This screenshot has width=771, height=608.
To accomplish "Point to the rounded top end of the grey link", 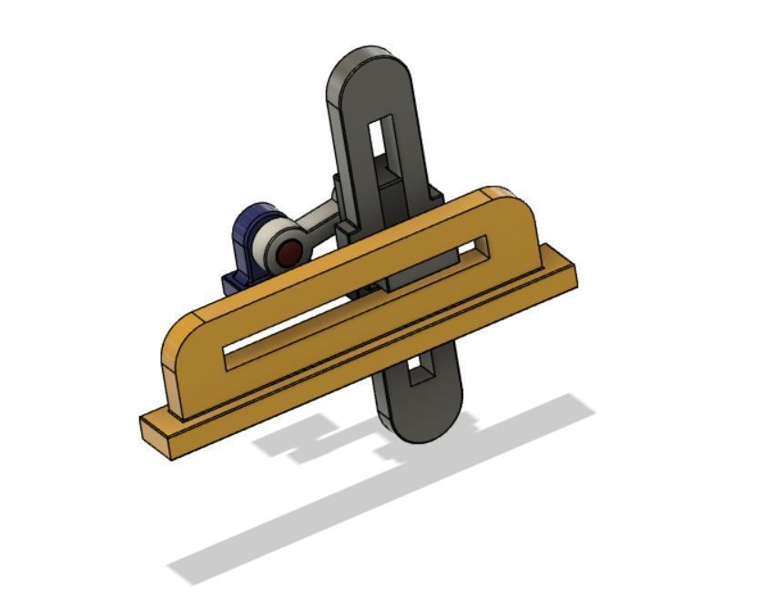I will coord(369,68).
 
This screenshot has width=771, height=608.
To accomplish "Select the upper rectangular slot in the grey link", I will coord(380,137).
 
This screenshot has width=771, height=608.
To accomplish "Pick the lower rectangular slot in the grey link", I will coord(420,369).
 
